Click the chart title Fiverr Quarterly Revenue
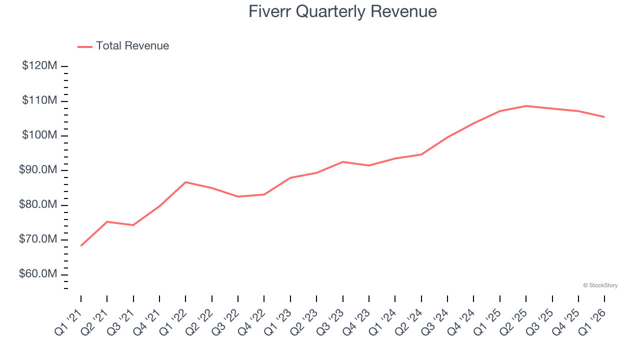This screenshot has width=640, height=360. (x=342, y=11)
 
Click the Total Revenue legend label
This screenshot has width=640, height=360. (x=132, y=46)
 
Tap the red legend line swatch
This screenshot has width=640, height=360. (x=85, y=46)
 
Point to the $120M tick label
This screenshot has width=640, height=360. (x=39, y=66)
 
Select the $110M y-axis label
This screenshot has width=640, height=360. (x=39, y=101)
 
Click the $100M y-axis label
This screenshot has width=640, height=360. (x=39, y=135)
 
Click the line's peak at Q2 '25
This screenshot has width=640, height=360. (x=526, y=106)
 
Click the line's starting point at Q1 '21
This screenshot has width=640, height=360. (x=81, y=245)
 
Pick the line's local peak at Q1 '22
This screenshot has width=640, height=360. (x=185, y=182)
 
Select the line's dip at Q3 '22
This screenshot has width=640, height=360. (x=238, y=196)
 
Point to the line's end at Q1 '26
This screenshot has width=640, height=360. (x=604, y=117)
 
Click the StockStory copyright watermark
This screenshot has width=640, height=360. (x=600, y=285)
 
